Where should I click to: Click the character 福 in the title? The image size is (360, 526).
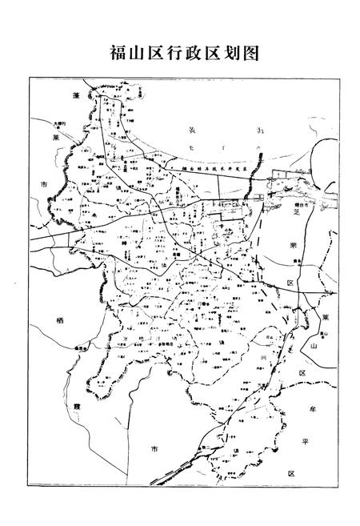[x=118, y=53]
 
